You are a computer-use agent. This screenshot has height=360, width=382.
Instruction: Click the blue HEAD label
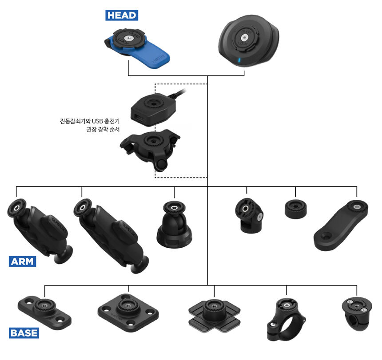[x=121, y=15]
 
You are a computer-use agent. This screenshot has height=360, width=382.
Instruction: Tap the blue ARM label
[x=22, y=261]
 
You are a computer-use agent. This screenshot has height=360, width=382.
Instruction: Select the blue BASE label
[x=24, y=332]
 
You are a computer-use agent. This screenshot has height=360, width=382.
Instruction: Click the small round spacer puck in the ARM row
[x=295, y=208]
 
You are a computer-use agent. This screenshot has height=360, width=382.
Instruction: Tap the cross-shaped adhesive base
[x=214, y=313]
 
